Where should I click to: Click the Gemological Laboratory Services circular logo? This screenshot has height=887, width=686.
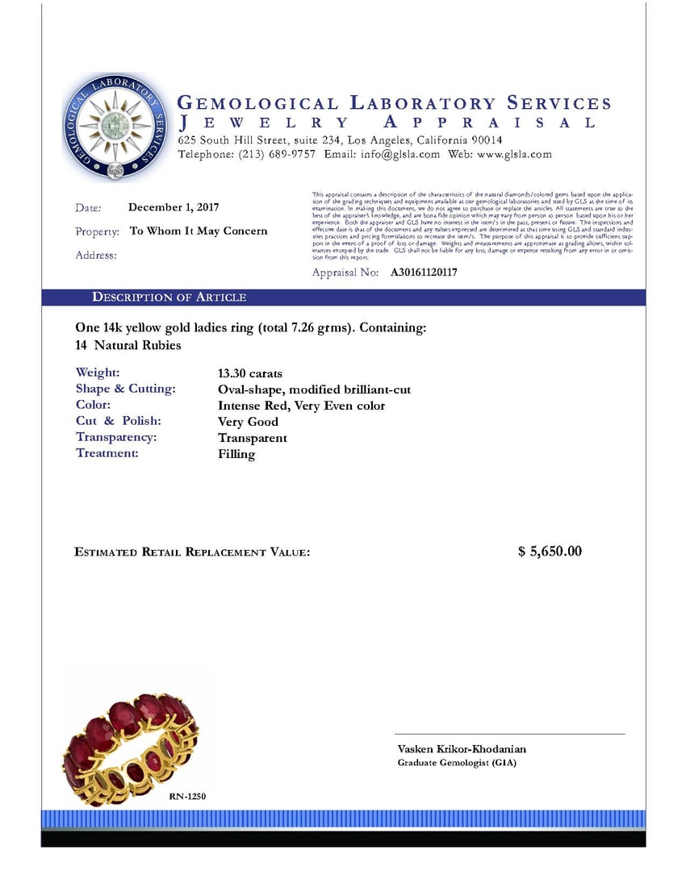pyautogui.click(x=118, y=127)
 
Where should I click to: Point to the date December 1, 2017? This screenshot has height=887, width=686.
pyautogui.click(x=174, y=207)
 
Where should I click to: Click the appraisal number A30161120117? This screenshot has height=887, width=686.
pyautogui.click(x=424, y=273)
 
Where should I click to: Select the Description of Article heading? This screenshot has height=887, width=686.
pyautogui.click(x=169, y=298)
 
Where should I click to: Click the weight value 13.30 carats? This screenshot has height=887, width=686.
pyautogui.click(x=250, y=373)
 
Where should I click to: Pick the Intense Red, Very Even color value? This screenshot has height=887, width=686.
pyautogui.click(x=301, y=406)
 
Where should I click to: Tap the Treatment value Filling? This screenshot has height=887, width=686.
pyautogui.click(x=236, y=454)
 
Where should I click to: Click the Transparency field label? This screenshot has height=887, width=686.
pyautogui.click(x=116, y=437)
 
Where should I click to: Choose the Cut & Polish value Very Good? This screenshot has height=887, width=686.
pyautogui.click(x=248, y=422)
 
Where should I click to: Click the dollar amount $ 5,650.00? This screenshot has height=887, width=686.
pyautogui.click(x=550, y=552)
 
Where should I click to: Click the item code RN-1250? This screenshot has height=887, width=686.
pyautogui.click(x=188, y=797)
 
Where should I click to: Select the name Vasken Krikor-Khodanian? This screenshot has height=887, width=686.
pyautogui.click(x=462, y=749)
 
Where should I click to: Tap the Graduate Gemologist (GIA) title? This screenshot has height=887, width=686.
pyautogui.click(x=457, y=763)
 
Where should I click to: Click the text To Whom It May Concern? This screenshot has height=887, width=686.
pyautogui.click(x=199, y=231)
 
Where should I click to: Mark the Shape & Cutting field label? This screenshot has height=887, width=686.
pyautogui.click(x=125, y=389)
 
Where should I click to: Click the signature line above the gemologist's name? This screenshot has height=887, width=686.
pyautogui.click(x=509, y=734)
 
